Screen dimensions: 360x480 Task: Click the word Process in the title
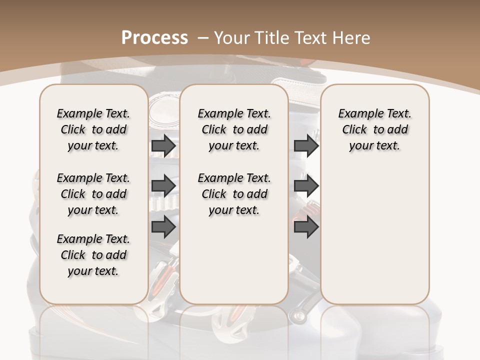tap(154, 38)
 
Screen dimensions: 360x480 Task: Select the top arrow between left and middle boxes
tap(163, 146)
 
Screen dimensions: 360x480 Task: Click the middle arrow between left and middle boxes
tap(163, 186)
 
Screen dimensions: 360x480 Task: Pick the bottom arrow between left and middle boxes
tap(163, 226)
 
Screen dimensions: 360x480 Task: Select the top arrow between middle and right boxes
tap(306, 146)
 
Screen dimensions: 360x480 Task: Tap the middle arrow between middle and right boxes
tap(306, 186)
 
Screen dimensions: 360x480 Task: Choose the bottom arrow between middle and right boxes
tap(306, 226)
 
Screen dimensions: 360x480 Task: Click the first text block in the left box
tap(93, 129)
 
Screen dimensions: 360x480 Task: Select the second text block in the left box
tap(93, 194)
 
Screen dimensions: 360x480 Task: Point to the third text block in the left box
tap(93, 255)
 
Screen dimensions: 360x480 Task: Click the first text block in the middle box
tap(234, 129)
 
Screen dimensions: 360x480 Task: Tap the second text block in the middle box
tap(234, 194)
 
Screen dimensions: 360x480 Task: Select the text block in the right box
tap(374, 129)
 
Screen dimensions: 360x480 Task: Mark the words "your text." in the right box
tap(374, 146)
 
